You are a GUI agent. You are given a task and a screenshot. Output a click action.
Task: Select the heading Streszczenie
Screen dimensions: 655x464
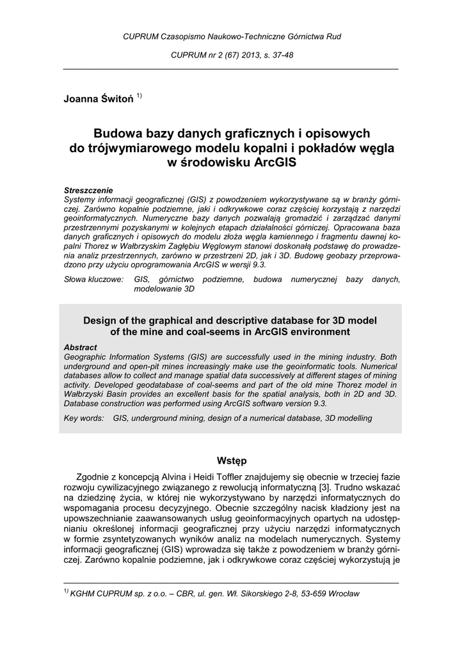[x=88, y=190]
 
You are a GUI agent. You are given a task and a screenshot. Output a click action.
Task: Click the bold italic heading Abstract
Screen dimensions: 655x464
[x=81, y=347]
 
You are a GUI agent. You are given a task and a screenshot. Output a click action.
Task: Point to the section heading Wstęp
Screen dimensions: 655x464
[x=232, y=461]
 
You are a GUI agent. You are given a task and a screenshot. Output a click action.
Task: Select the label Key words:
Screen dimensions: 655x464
[x=84, y=418]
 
